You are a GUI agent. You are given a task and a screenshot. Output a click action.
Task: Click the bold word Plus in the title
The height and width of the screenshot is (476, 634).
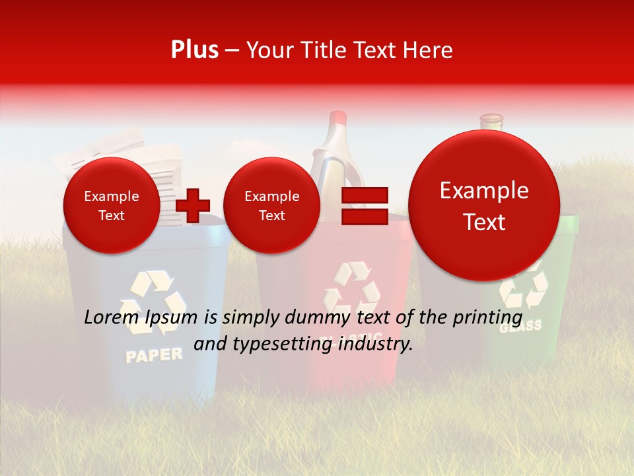[x=194, y=50]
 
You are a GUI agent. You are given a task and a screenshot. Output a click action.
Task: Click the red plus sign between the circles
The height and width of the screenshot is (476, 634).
[x=193, y=205]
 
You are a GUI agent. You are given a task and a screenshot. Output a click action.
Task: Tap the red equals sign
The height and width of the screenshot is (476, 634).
[x=364, y=205]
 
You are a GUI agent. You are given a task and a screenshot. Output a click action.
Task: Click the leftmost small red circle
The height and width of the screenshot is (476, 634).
[x=111, y=205]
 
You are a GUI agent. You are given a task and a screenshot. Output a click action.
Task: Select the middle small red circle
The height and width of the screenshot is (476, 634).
[x=271, y=205]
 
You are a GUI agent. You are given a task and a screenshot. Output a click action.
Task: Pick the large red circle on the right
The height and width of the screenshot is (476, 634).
[x=484, y=206]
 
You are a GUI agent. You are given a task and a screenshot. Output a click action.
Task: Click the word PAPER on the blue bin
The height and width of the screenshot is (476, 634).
[x=154, y=355]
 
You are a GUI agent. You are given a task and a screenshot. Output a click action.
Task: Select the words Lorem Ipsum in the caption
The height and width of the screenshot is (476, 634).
[x=141, y=317]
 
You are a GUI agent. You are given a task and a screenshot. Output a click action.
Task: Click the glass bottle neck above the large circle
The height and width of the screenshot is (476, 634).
[x=491, y=122]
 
